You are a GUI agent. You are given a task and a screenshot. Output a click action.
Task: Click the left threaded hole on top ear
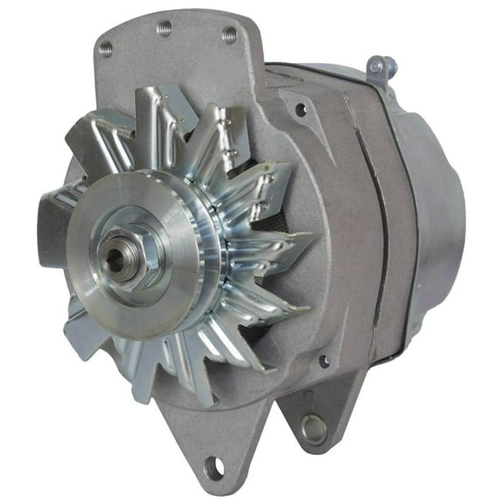[x=105, y=48]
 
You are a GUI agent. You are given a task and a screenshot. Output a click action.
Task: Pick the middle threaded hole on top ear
[x=164, y=29]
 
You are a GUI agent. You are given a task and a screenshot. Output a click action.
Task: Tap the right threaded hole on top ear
[x=229, y=34]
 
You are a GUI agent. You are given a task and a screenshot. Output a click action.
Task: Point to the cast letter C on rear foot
[x=307, y=395]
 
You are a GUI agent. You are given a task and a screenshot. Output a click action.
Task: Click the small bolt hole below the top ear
[x=300, y=110]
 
